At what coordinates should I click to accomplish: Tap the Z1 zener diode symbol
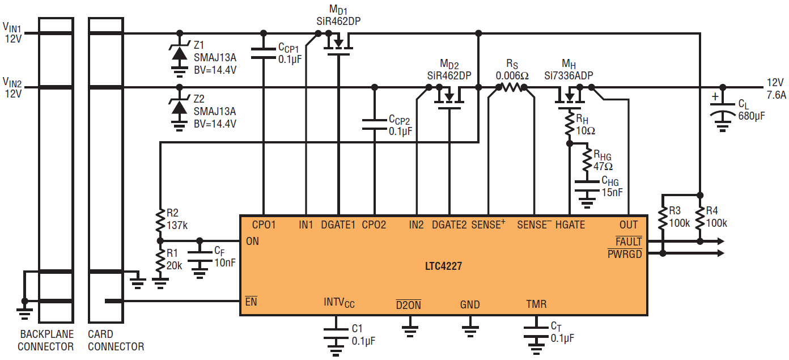point(180,53)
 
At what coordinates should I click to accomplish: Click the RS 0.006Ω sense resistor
point(512,87)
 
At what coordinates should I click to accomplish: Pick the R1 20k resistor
point(160,260)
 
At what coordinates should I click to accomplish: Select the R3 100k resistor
point(662,218)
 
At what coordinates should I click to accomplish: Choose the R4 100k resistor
point(701,218)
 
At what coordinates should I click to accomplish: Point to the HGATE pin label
point(570,225)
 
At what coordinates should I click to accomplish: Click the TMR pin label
point(536,304)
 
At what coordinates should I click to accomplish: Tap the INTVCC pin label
point(339,303)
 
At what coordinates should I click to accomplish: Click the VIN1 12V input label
point(12,32)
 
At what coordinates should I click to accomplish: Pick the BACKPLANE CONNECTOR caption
point(46,340)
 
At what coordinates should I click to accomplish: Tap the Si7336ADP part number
point(569,74)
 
